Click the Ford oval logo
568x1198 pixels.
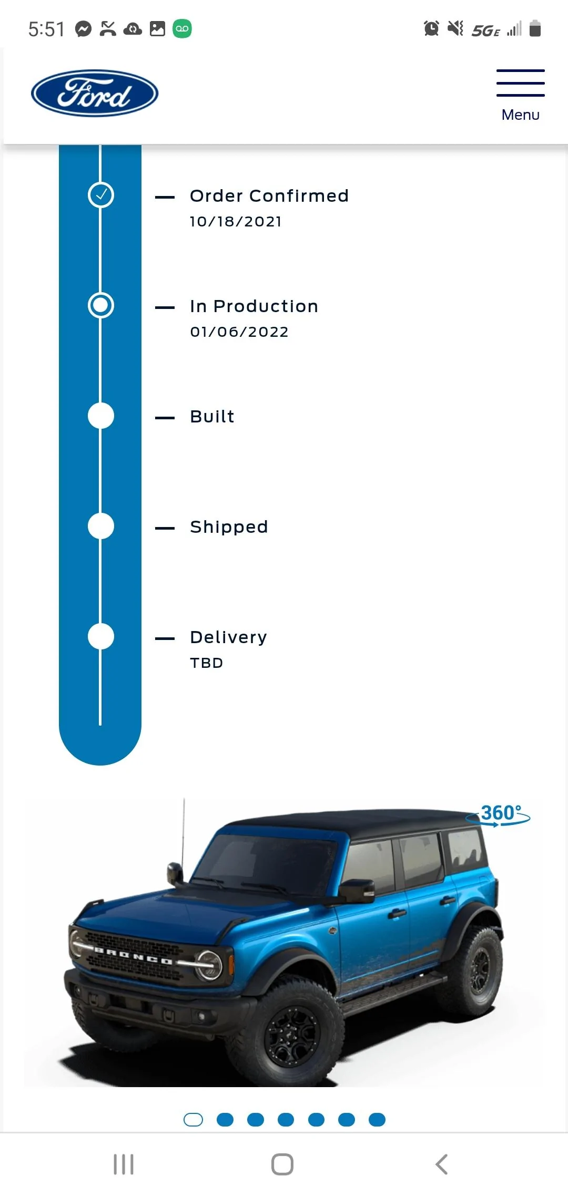pos(95,93)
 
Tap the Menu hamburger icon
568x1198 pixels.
pos(520,82)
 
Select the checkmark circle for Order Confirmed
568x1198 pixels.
pos(101,195)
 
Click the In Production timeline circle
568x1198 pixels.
pos(101,305)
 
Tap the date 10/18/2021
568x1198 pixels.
pos(236,222)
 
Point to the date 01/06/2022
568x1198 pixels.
pos(239,332)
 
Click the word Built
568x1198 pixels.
pos(212,416)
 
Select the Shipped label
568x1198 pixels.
pos(229,526)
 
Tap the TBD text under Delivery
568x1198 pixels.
pos(207,663)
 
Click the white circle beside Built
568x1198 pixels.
pos(101,416)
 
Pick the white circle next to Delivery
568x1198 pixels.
pos(101,636)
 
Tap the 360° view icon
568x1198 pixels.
pos(498,815)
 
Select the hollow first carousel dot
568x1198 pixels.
pos(193,1120)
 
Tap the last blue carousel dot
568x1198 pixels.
pos(377,1120)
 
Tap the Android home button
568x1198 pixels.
pos(282,1164)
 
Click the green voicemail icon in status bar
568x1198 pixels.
pos(182,28)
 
